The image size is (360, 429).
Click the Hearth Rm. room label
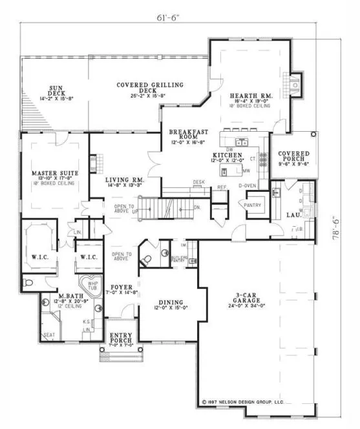click(x=251, y=96)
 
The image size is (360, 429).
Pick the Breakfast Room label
click(x=187, y=134)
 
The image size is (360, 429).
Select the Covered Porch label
click(x=294, y=156)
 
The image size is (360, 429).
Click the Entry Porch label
click(x=122, y=337)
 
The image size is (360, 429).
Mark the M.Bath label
click(x=51, y=295)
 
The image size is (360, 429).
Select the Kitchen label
click(x=228, y=156)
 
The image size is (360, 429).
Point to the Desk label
click(x=199, y=182)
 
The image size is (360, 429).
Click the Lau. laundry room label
click(x=293, y=214)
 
